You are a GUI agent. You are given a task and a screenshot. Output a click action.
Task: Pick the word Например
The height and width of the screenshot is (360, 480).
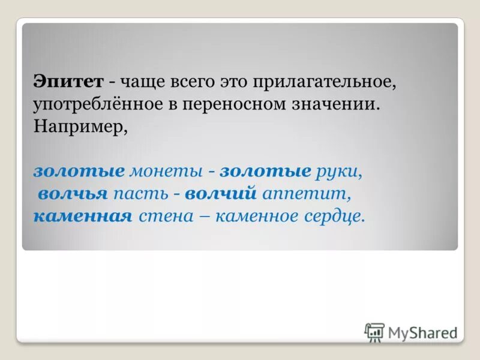pyautogui.click(x=79, y=127)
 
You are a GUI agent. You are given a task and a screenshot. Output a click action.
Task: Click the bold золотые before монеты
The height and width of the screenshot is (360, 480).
pyautogui.click(x=79, y=171)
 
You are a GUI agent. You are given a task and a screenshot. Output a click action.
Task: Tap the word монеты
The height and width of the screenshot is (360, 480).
pyautogui.click(x=166, y=171)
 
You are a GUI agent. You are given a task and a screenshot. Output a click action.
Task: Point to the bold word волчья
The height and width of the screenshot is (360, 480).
pyautogui.click(x=73, y=193)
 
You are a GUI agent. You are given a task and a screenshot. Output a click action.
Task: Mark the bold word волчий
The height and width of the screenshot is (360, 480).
pyautogui.click(x=221, y=193)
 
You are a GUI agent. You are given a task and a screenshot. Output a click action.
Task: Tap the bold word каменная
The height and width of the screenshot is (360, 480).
pyautogui.click(x=82, y=215)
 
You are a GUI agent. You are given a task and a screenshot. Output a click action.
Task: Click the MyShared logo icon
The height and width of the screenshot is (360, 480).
pyautogui.click(x=374, y=332)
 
